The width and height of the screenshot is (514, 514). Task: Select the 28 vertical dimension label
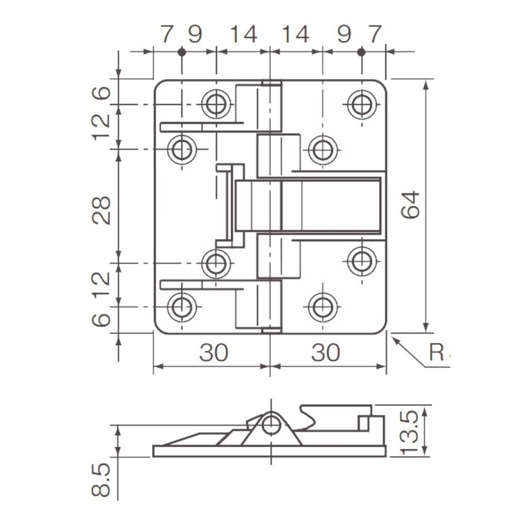pos(102,210)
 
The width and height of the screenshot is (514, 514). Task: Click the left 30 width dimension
pos(213,352)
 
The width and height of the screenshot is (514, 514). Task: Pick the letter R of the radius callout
pos(437,353)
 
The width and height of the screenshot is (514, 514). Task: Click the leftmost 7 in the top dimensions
pos(166,34)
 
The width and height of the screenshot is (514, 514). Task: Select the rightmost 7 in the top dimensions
pos(376,34)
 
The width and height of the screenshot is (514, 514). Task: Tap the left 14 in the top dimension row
pos(243,34)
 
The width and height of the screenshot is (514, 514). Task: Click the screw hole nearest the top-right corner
pos(362,103)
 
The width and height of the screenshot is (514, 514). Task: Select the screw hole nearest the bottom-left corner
pos(182,307)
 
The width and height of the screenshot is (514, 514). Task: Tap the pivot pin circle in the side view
pos(271,424)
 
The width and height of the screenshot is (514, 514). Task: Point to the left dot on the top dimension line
pos(182,52)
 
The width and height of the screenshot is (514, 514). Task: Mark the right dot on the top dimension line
pos(361,52)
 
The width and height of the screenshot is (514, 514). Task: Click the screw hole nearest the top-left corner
pos(216,103)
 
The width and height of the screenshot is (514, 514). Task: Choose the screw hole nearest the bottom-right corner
pos(322,307)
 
